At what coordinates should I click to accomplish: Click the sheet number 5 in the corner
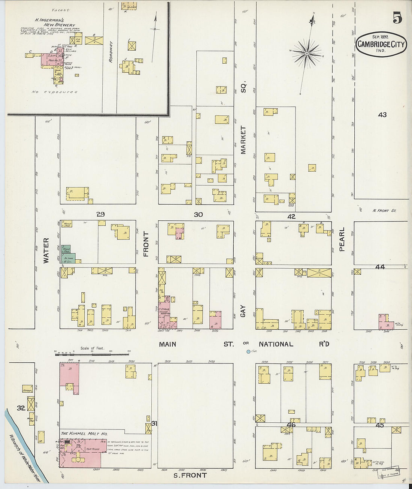pos(397,18)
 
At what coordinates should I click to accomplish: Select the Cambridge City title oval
pos(381,44)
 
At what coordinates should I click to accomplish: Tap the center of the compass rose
pos(307,54)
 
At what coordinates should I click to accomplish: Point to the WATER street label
pos(46,250)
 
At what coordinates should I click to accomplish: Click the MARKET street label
pos(243,140)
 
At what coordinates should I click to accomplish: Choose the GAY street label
pos(243,311)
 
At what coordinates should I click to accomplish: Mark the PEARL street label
pos(342,239)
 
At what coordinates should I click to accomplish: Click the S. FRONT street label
pos(190,476)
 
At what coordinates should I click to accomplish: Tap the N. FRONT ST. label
pos(384,211)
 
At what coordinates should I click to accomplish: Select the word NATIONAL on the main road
pos(276,344)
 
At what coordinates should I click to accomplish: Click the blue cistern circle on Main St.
pos(248,351)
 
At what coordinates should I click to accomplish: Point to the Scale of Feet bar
pos(92,353)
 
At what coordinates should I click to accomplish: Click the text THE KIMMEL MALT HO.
pos(84,434)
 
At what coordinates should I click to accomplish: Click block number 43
pos(382,115)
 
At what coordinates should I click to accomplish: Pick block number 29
pos(100,214)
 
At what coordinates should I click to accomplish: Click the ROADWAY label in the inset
pos(110,52)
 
